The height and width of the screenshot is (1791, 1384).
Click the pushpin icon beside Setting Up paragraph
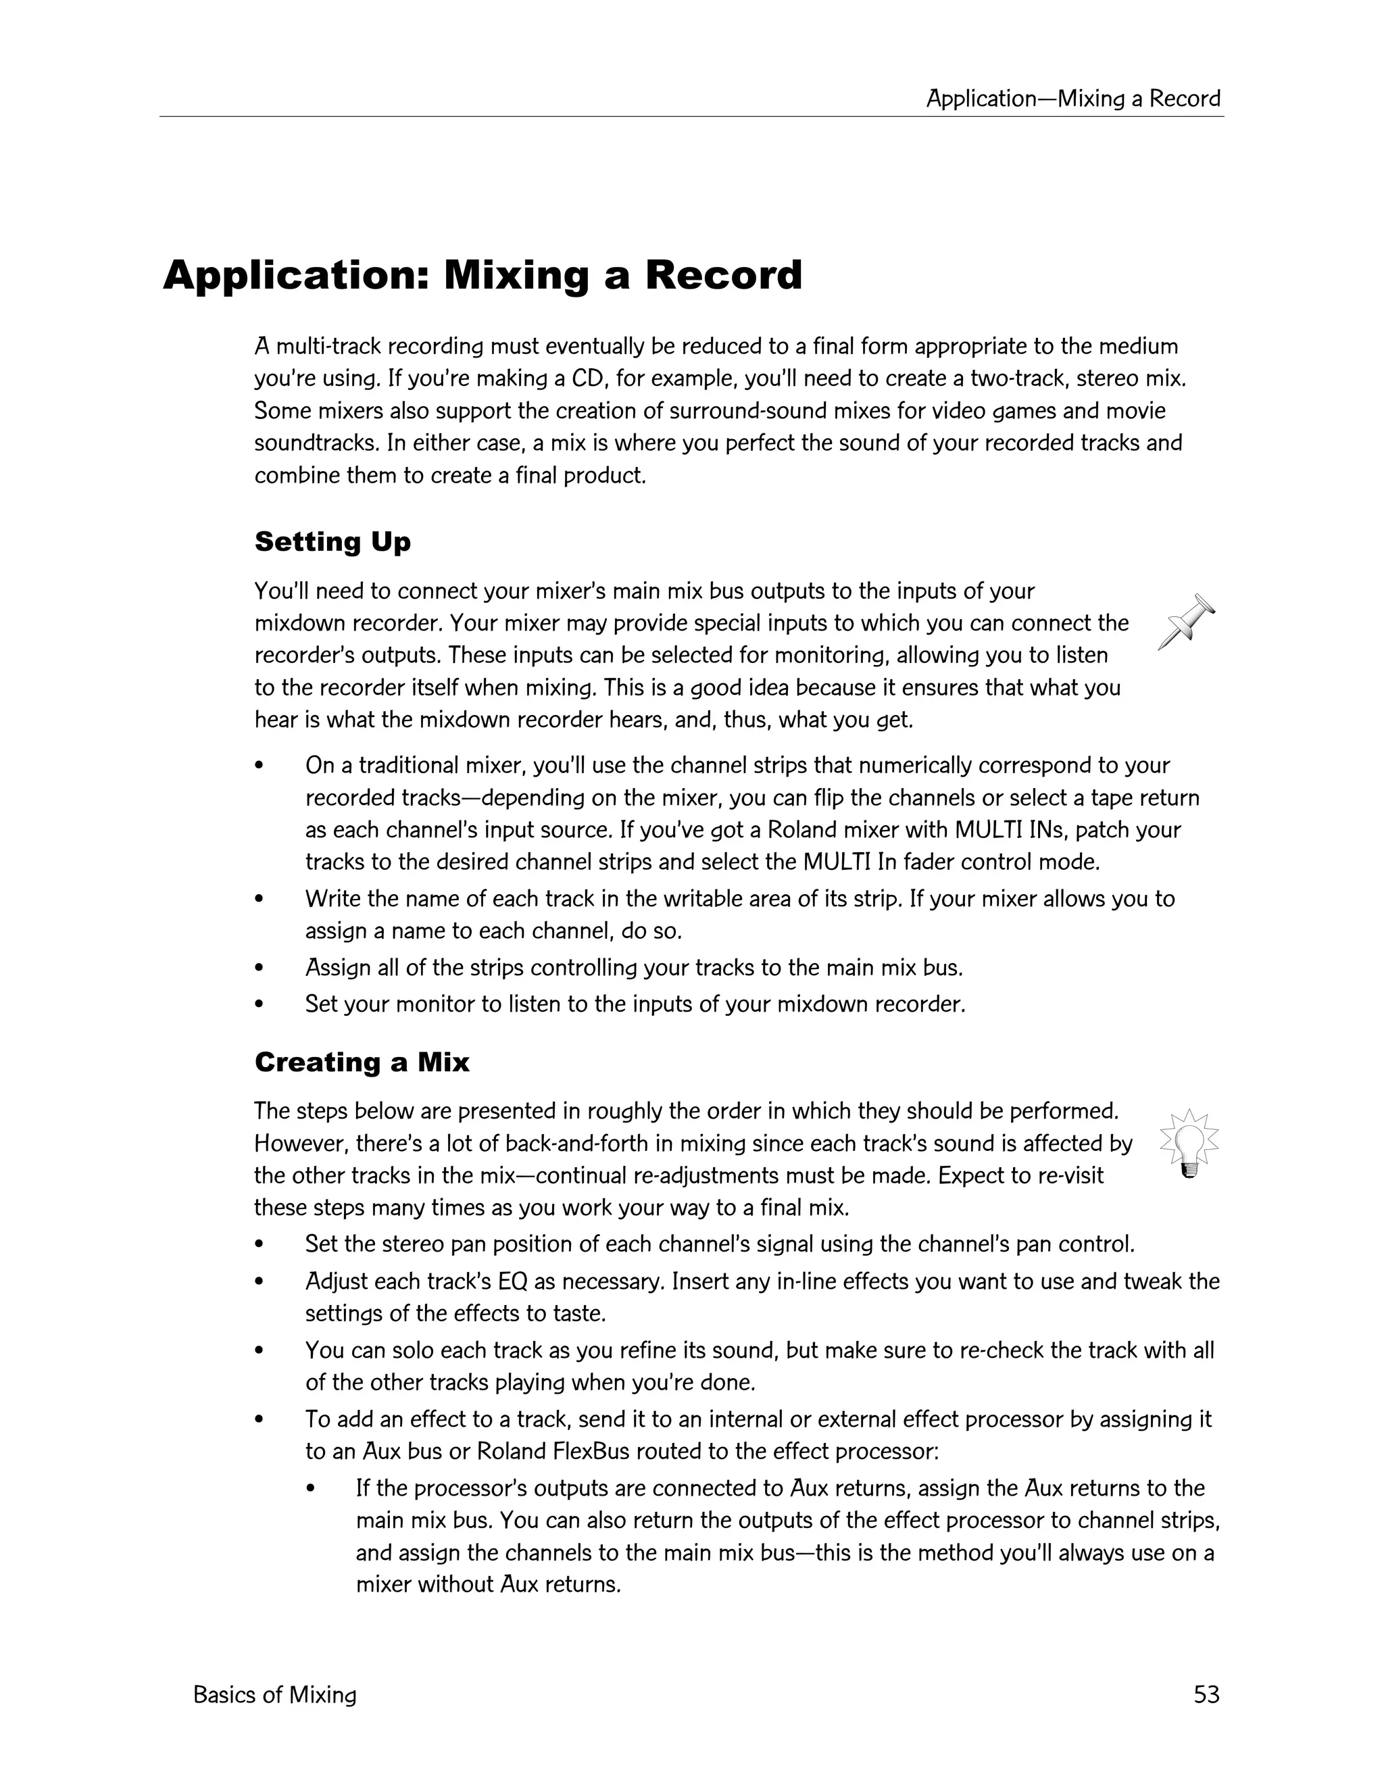1187,622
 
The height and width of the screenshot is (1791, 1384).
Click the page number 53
1206,1695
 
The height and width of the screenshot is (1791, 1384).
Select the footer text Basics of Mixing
274,1695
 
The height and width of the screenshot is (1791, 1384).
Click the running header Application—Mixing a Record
1073,99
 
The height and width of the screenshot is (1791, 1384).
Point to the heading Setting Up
332,542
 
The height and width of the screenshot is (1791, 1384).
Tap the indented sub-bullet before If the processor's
311,1488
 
